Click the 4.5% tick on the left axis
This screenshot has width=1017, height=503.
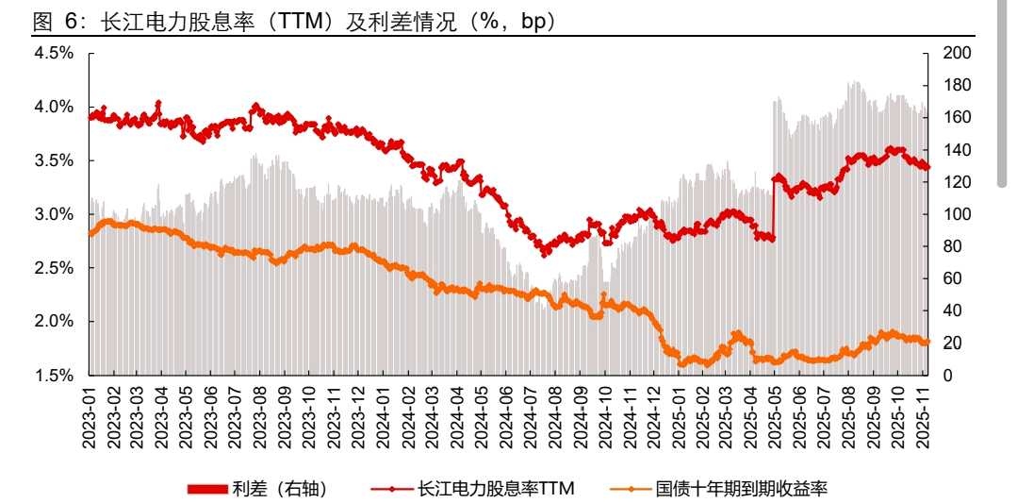[54, 53]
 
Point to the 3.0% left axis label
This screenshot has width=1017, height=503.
[54, 214]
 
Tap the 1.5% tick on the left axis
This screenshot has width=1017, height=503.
[54, 376]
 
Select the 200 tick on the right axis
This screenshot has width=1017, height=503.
[956, 54]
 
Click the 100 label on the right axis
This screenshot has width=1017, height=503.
[956, 214]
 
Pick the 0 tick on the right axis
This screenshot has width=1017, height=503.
[947, 376]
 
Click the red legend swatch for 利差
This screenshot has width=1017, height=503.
[207, 488]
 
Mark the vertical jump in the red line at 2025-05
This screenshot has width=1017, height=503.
[773, 208]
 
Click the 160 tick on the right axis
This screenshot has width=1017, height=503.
[956, 118]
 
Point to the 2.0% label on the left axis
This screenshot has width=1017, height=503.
[54, 322]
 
